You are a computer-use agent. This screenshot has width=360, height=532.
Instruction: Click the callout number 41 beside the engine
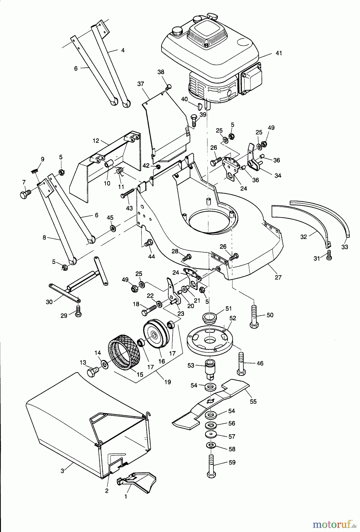278,53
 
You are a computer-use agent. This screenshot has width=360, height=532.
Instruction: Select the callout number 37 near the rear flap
140,84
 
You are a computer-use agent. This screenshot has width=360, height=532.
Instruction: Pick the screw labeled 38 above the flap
168,87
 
